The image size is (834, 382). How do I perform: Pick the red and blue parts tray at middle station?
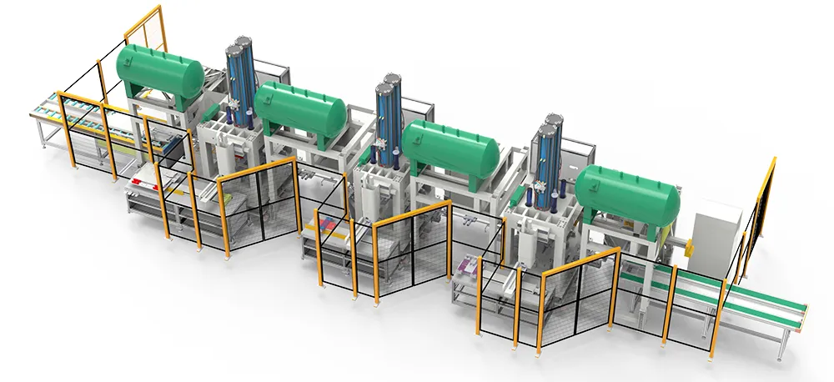pos(329,224)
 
